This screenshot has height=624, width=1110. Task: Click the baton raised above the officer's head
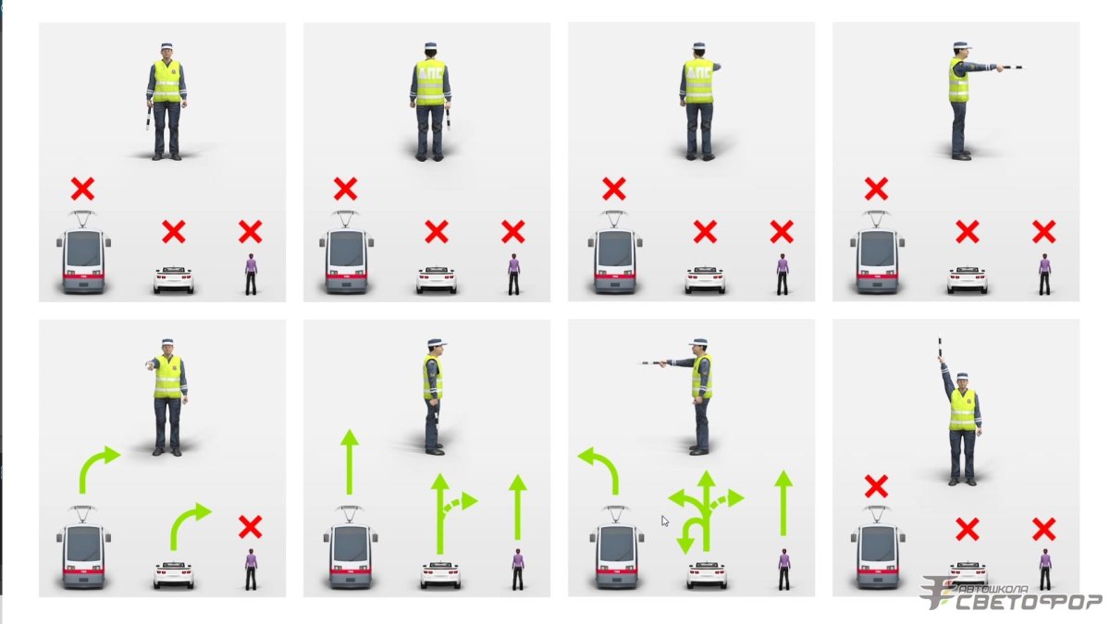coord(939,348)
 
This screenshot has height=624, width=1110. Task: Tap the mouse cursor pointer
coord(664,520)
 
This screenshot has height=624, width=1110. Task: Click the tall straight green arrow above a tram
coord(350,461)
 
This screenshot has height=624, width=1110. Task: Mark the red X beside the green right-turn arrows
coord(251,527)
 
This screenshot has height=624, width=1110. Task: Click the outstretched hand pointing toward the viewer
coord(150,365)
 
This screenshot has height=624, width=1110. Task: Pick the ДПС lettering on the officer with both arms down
coord(430,73)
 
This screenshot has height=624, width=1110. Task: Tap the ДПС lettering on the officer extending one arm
coord(698,73)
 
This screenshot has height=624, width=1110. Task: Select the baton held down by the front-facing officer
coord(148,119)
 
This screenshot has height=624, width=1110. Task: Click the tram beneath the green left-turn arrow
coord(616,547)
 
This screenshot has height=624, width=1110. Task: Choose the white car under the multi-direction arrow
coord(706,574)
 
